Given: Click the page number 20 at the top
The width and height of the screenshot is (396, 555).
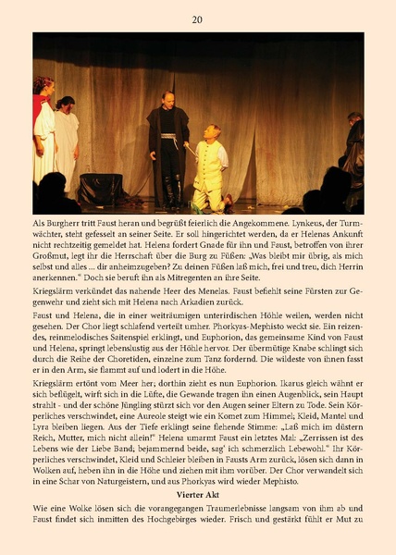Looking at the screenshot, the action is click(197, 19).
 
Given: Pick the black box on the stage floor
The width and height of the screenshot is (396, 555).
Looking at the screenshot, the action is click(102, 191).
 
